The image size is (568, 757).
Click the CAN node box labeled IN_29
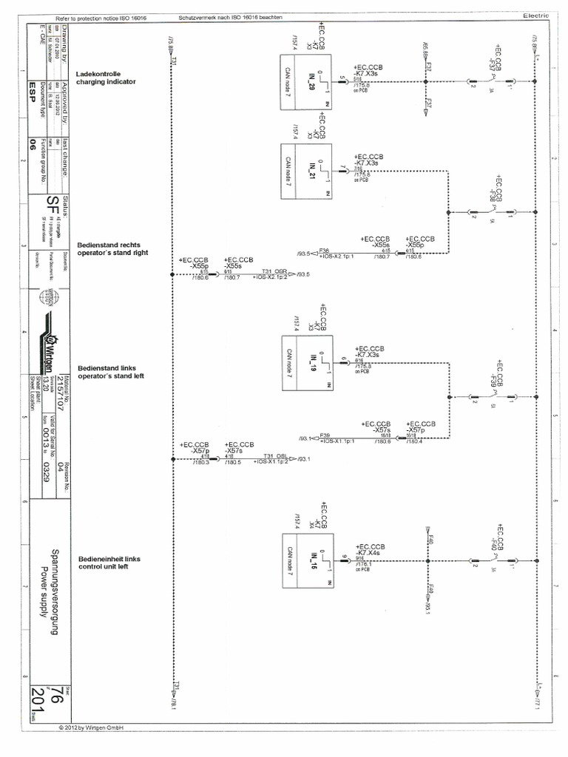306,82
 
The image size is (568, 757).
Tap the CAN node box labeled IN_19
306,363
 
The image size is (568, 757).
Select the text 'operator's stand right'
112,253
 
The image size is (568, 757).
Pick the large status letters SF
53,206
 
